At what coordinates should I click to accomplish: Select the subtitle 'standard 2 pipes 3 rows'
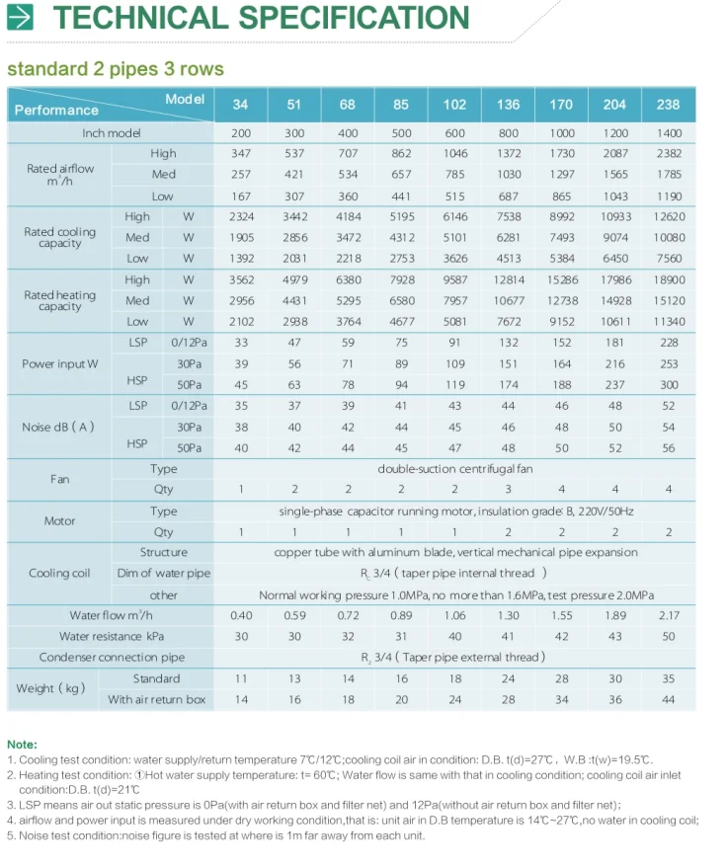116,69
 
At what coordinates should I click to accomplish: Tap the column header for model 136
509,105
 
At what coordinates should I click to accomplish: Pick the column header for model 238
669,105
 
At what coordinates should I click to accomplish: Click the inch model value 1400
669,133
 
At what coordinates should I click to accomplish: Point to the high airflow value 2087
615,154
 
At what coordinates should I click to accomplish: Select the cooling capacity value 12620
669,216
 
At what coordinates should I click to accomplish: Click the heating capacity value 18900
669,279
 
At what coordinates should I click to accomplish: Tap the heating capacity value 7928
401,279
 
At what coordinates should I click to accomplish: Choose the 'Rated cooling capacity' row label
60,238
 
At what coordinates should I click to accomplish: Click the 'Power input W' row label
60,363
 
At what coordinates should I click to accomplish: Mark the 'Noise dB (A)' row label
58,427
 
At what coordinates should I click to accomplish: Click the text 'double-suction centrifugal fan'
454,469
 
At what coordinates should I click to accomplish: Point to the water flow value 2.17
669,615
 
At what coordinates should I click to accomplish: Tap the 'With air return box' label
157,699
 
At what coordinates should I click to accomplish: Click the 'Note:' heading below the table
22,744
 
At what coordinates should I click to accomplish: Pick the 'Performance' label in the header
56,111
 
